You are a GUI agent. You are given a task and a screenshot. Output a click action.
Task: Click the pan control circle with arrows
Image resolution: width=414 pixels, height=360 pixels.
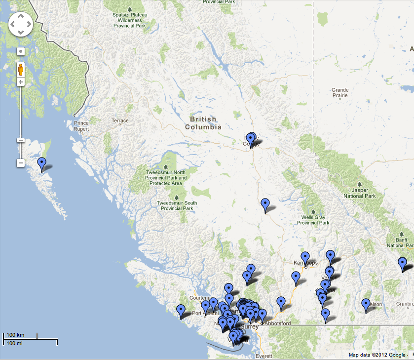point(20,24)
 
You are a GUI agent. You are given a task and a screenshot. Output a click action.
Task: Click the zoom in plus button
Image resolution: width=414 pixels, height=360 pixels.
point(21,81)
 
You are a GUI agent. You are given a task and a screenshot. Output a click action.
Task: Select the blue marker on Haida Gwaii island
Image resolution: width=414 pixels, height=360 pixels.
point(42,163)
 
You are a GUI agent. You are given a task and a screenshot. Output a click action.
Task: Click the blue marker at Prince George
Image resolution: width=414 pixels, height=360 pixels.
point(251,139)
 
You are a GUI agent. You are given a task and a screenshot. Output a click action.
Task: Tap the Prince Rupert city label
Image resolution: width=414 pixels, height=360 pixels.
point(81,126)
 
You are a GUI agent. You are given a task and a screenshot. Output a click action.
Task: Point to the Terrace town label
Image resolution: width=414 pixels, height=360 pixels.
point(120,120)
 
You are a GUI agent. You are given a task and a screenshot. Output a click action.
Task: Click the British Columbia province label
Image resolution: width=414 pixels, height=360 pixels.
point(203,123)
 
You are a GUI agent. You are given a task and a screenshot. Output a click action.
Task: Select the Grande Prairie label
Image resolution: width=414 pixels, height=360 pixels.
point(340,93)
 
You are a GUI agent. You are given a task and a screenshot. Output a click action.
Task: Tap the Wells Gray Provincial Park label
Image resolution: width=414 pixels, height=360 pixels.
point(313,220)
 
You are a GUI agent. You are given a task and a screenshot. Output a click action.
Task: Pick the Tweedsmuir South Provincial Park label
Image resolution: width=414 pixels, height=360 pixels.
point(177,206)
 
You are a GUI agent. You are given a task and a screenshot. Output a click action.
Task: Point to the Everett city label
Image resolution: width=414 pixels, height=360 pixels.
point(263,356)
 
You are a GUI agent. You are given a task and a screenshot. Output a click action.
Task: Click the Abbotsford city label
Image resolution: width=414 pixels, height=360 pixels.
point(277,323)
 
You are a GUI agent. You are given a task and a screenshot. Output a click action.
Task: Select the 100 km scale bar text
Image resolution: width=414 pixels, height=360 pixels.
point(15,335)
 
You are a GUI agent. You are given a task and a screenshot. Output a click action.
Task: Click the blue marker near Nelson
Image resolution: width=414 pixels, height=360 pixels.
point(366,305)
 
